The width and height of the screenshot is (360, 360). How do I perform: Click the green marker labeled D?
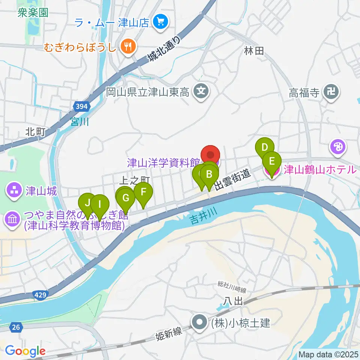pyautogui.click(x=265, y=147)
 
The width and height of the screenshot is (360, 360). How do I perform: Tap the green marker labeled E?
pyautogui.click(x=272, y=161)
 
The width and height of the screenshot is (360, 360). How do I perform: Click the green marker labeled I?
pyautogui.click(x=99, y=204)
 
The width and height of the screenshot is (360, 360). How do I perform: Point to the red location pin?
pyautogui.click(x=210, y=155)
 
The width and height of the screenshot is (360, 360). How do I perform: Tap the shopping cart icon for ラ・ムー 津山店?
pyautogui.click(x=161, y=22)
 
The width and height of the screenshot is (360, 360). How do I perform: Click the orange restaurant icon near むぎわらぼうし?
pyautogui.click(x=128, y=46)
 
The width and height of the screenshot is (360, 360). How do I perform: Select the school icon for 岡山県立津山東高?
pyautogui.click(x=201, y=91)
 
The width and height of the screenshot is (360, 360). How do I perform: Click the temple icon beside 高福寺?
pyautogui.click(x=331, y=91)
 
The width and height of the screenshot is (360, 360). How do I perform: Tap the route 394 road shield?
pyautogui.click(x=81, y=107)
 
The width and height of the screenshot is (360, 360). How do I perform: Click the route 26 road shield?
pyautogui.click(x=15, y=328)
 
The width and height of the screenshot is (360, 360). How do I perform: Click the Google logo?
pyautogui.click(x=25, y=351)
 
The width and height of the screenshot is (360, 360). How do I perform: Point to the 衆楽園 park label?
pyautogui.click(x=33, y=13)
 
